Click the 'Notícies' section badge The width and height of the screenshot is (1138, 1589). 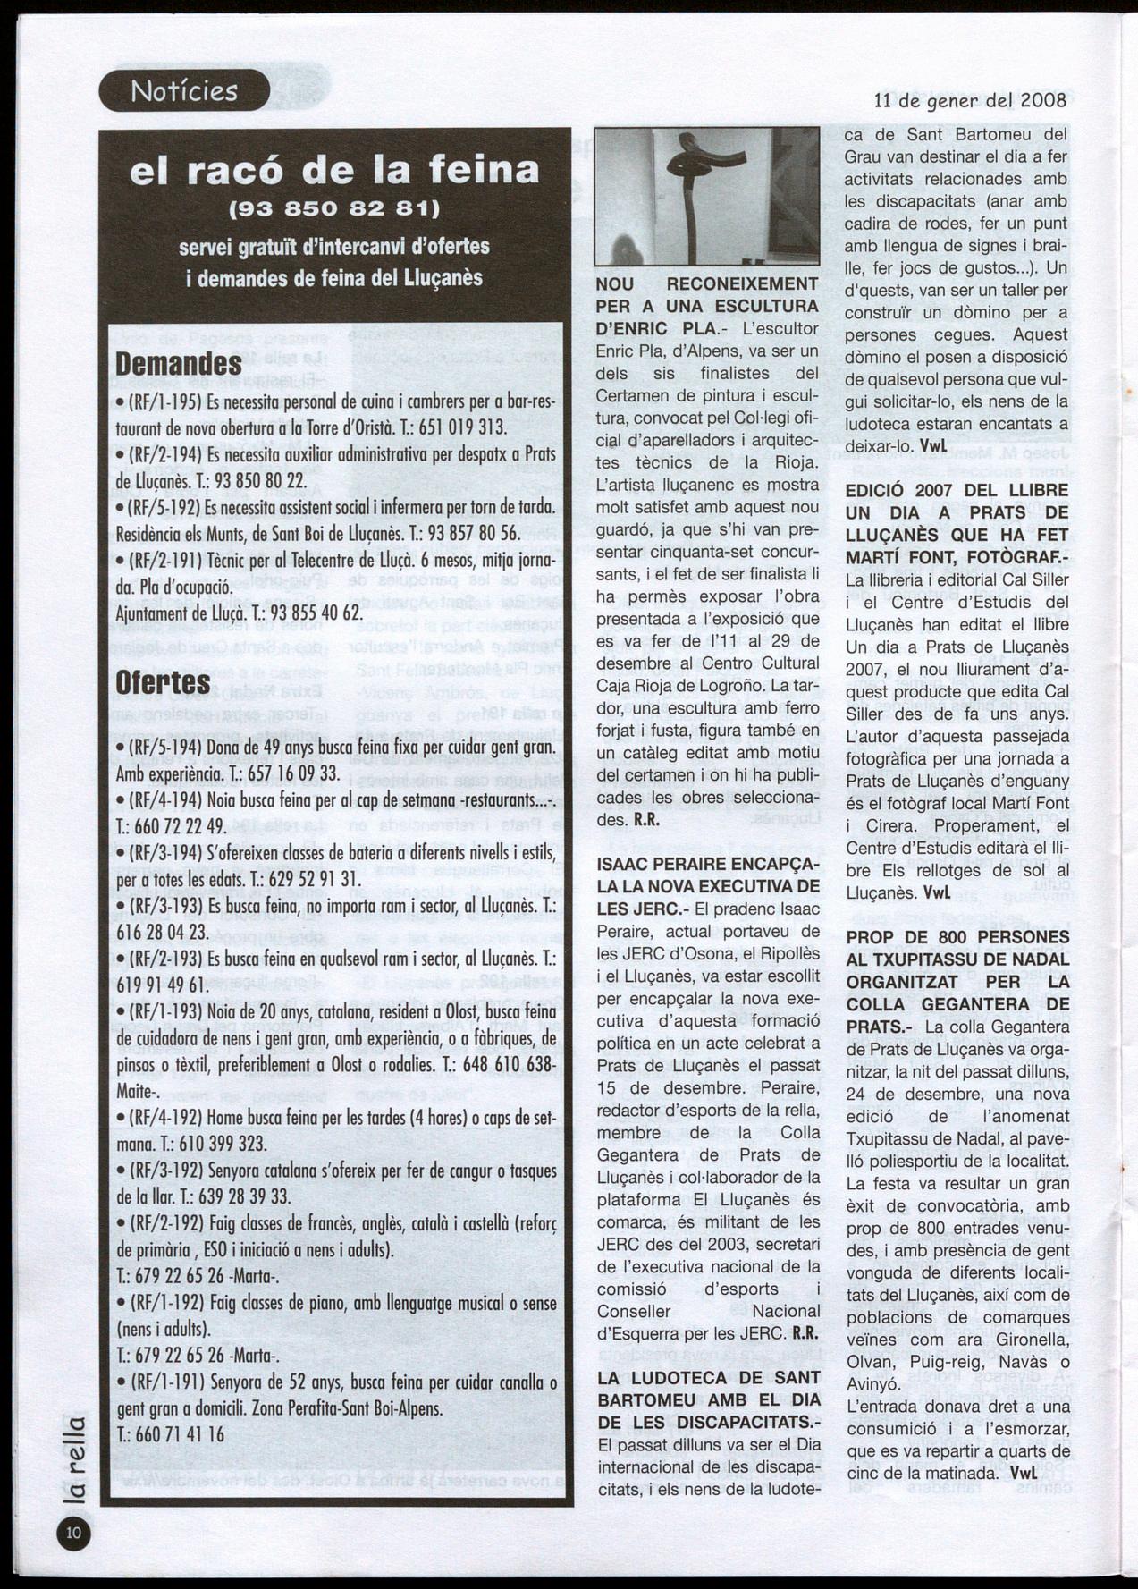point(183,91)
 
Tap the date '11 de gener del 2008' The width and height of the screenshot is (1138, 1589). point(969,100)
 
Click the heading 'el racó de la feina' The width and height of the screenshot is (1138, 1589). point(334,170)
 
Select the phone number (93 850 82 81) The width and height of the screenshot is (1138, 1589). point(334,211)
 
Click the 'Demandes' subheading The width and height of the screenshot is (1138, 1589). point(179,364)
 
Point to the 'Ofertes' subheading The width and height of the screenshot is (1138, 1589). point(164,682)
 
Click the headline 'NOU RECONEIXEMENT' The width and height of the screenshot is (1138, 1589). point(707,284)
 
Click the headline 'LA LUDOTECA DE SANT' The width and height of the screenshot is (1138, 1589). point(707,1378)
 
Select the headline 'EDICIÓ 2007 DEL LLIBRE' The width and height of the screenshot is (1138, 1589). point(957,491)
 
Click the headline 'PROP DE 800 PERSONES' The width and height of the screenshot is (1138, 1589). point(957,937)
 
